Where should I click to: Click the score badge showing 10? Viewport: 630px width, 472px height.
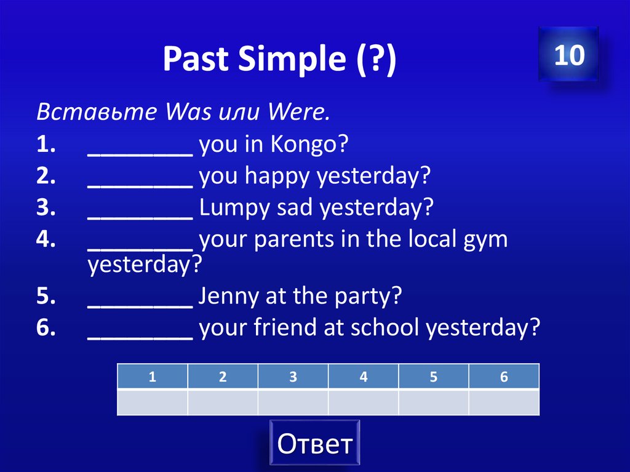coord(568,55)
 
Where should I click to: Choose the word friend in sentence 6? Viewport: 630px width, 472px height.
coord(283,327)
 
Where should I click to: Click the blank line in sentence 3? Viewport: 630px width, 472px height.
coord(140,212)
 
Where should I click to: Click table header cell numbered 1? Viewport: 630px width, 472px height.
coord(152,377)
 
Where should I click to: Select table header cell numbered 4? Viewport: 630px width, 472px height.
coord(363,377)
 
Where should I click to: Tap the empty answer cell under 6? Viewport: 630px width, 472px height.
coord(503,402)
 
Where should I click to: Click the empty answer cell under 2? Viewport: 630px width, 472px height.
coord(222,402)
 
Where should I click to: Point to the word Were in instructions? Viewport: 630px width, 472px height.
coord(298,113)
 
